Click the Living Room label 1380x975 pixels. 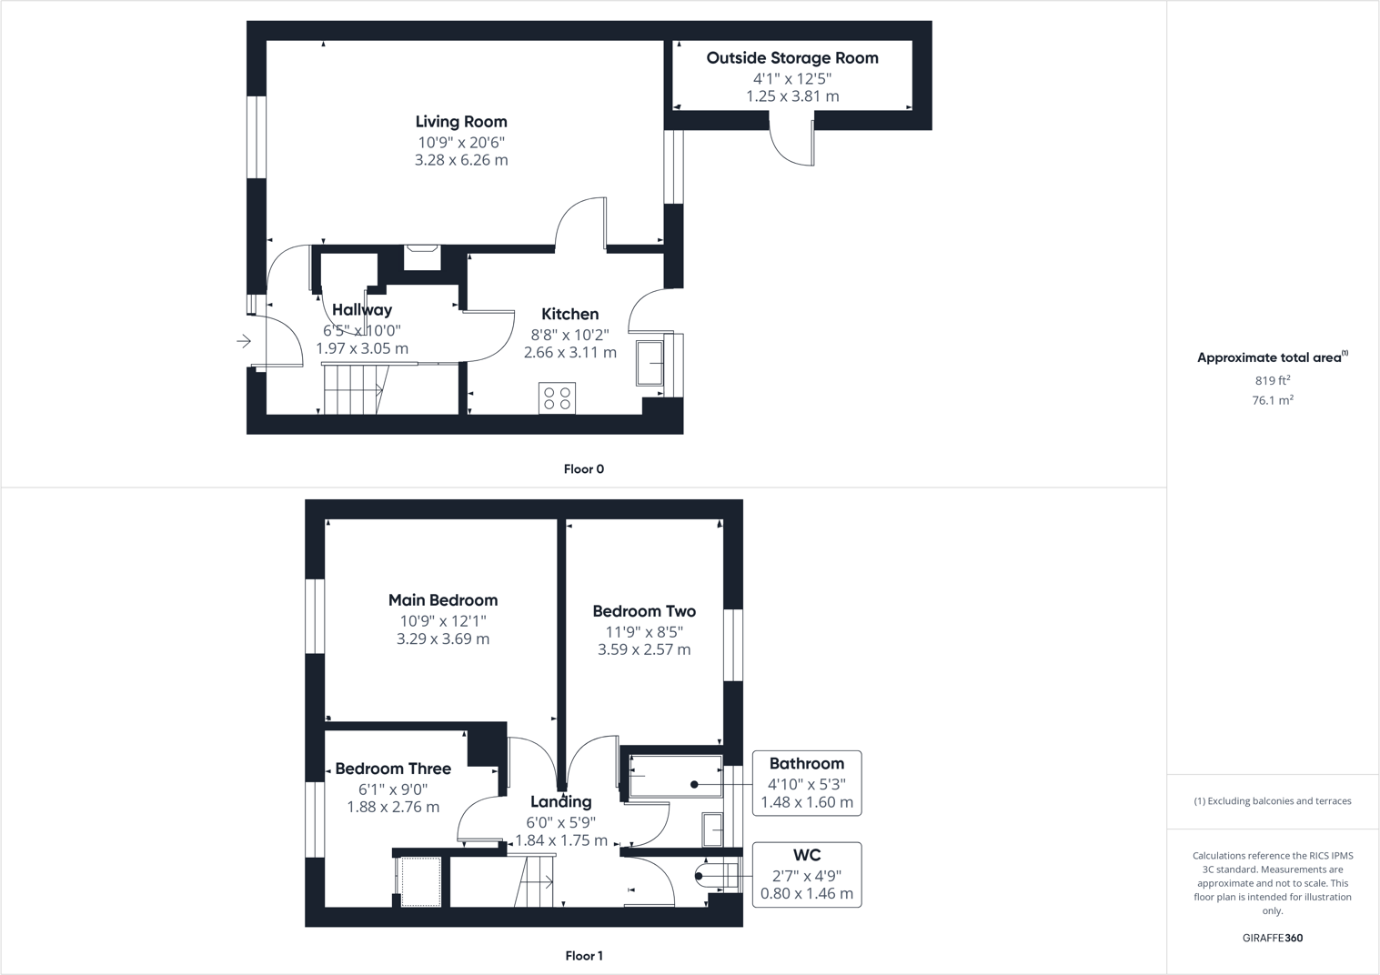(461, 122)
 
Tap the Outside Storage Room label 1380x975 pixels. (792, 58)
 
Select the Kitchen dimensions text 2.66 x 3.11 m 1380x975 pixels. (569, 352)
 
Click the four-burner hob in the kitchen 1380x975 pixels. (557, 398)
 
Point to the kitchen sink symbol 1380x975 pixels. (650, 363)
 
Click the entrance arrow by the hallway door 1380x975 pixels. (244, 341)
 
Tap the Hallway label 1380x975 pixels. (362, 310)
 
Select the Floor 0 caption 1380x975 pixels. (583, 469)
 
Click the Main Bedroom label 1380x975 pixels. (443, 600)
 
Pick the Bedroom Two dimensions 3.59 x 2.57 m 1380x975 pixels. (644, 649)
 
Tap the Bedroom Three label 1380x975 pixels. (393, 769)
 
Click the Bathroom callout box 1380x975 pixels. (807, 783)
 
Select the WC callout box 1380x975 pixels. (807, 874)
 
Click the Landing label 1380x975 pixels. (561, 801)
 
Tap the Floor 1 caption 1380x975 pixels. (583, 956)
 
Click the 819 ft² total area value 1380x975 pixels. (1272, 381)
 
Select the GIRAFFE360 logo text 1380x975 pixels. (1272, 938)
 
